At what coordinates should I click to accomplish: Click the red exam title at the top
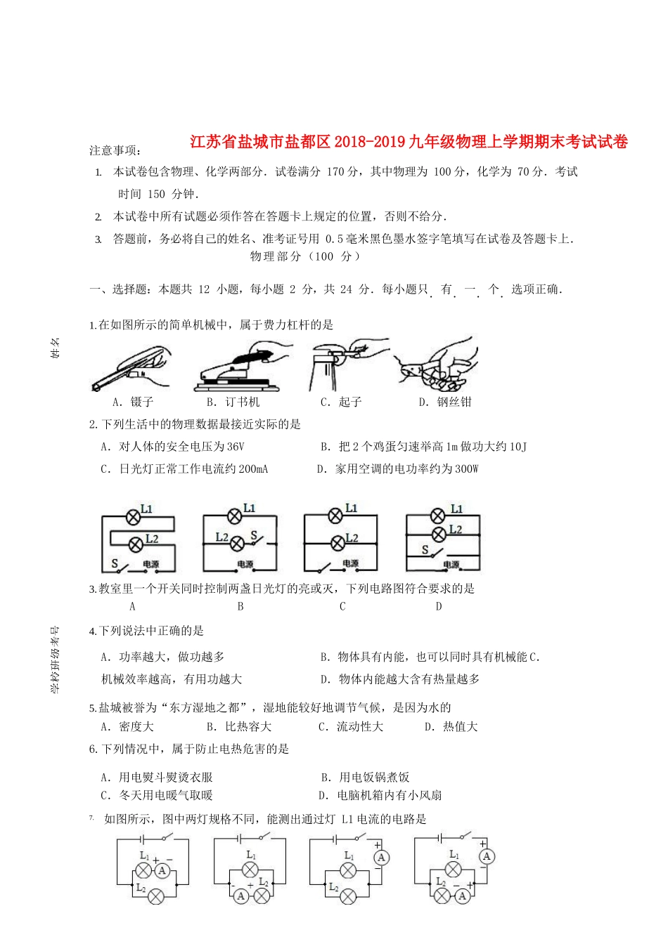409,142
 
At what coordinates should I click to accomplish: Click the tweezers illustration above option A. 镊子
131,369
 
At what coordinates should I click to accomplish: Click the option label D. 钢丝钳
445,402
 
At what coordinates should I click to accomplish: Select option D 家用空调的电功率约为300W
397,469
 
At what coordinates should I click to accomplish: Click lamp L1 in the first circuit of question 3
132,518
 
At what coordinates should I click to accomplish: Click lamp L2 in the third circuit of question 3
337,541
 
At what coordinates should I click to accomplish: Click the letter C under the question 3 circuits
342,606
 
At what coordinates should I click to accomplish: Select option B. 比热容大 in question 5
238,727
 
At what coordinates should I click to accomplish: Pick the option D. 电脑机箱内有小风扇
380,796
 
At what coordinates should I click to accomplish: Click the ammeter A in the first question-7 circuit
162,871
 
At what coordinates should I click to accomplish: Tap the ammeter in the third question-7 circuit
381,858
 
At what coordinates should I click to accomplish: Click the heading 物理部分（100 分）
305,256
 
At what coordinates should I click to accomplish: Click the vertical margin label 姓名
56,348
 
